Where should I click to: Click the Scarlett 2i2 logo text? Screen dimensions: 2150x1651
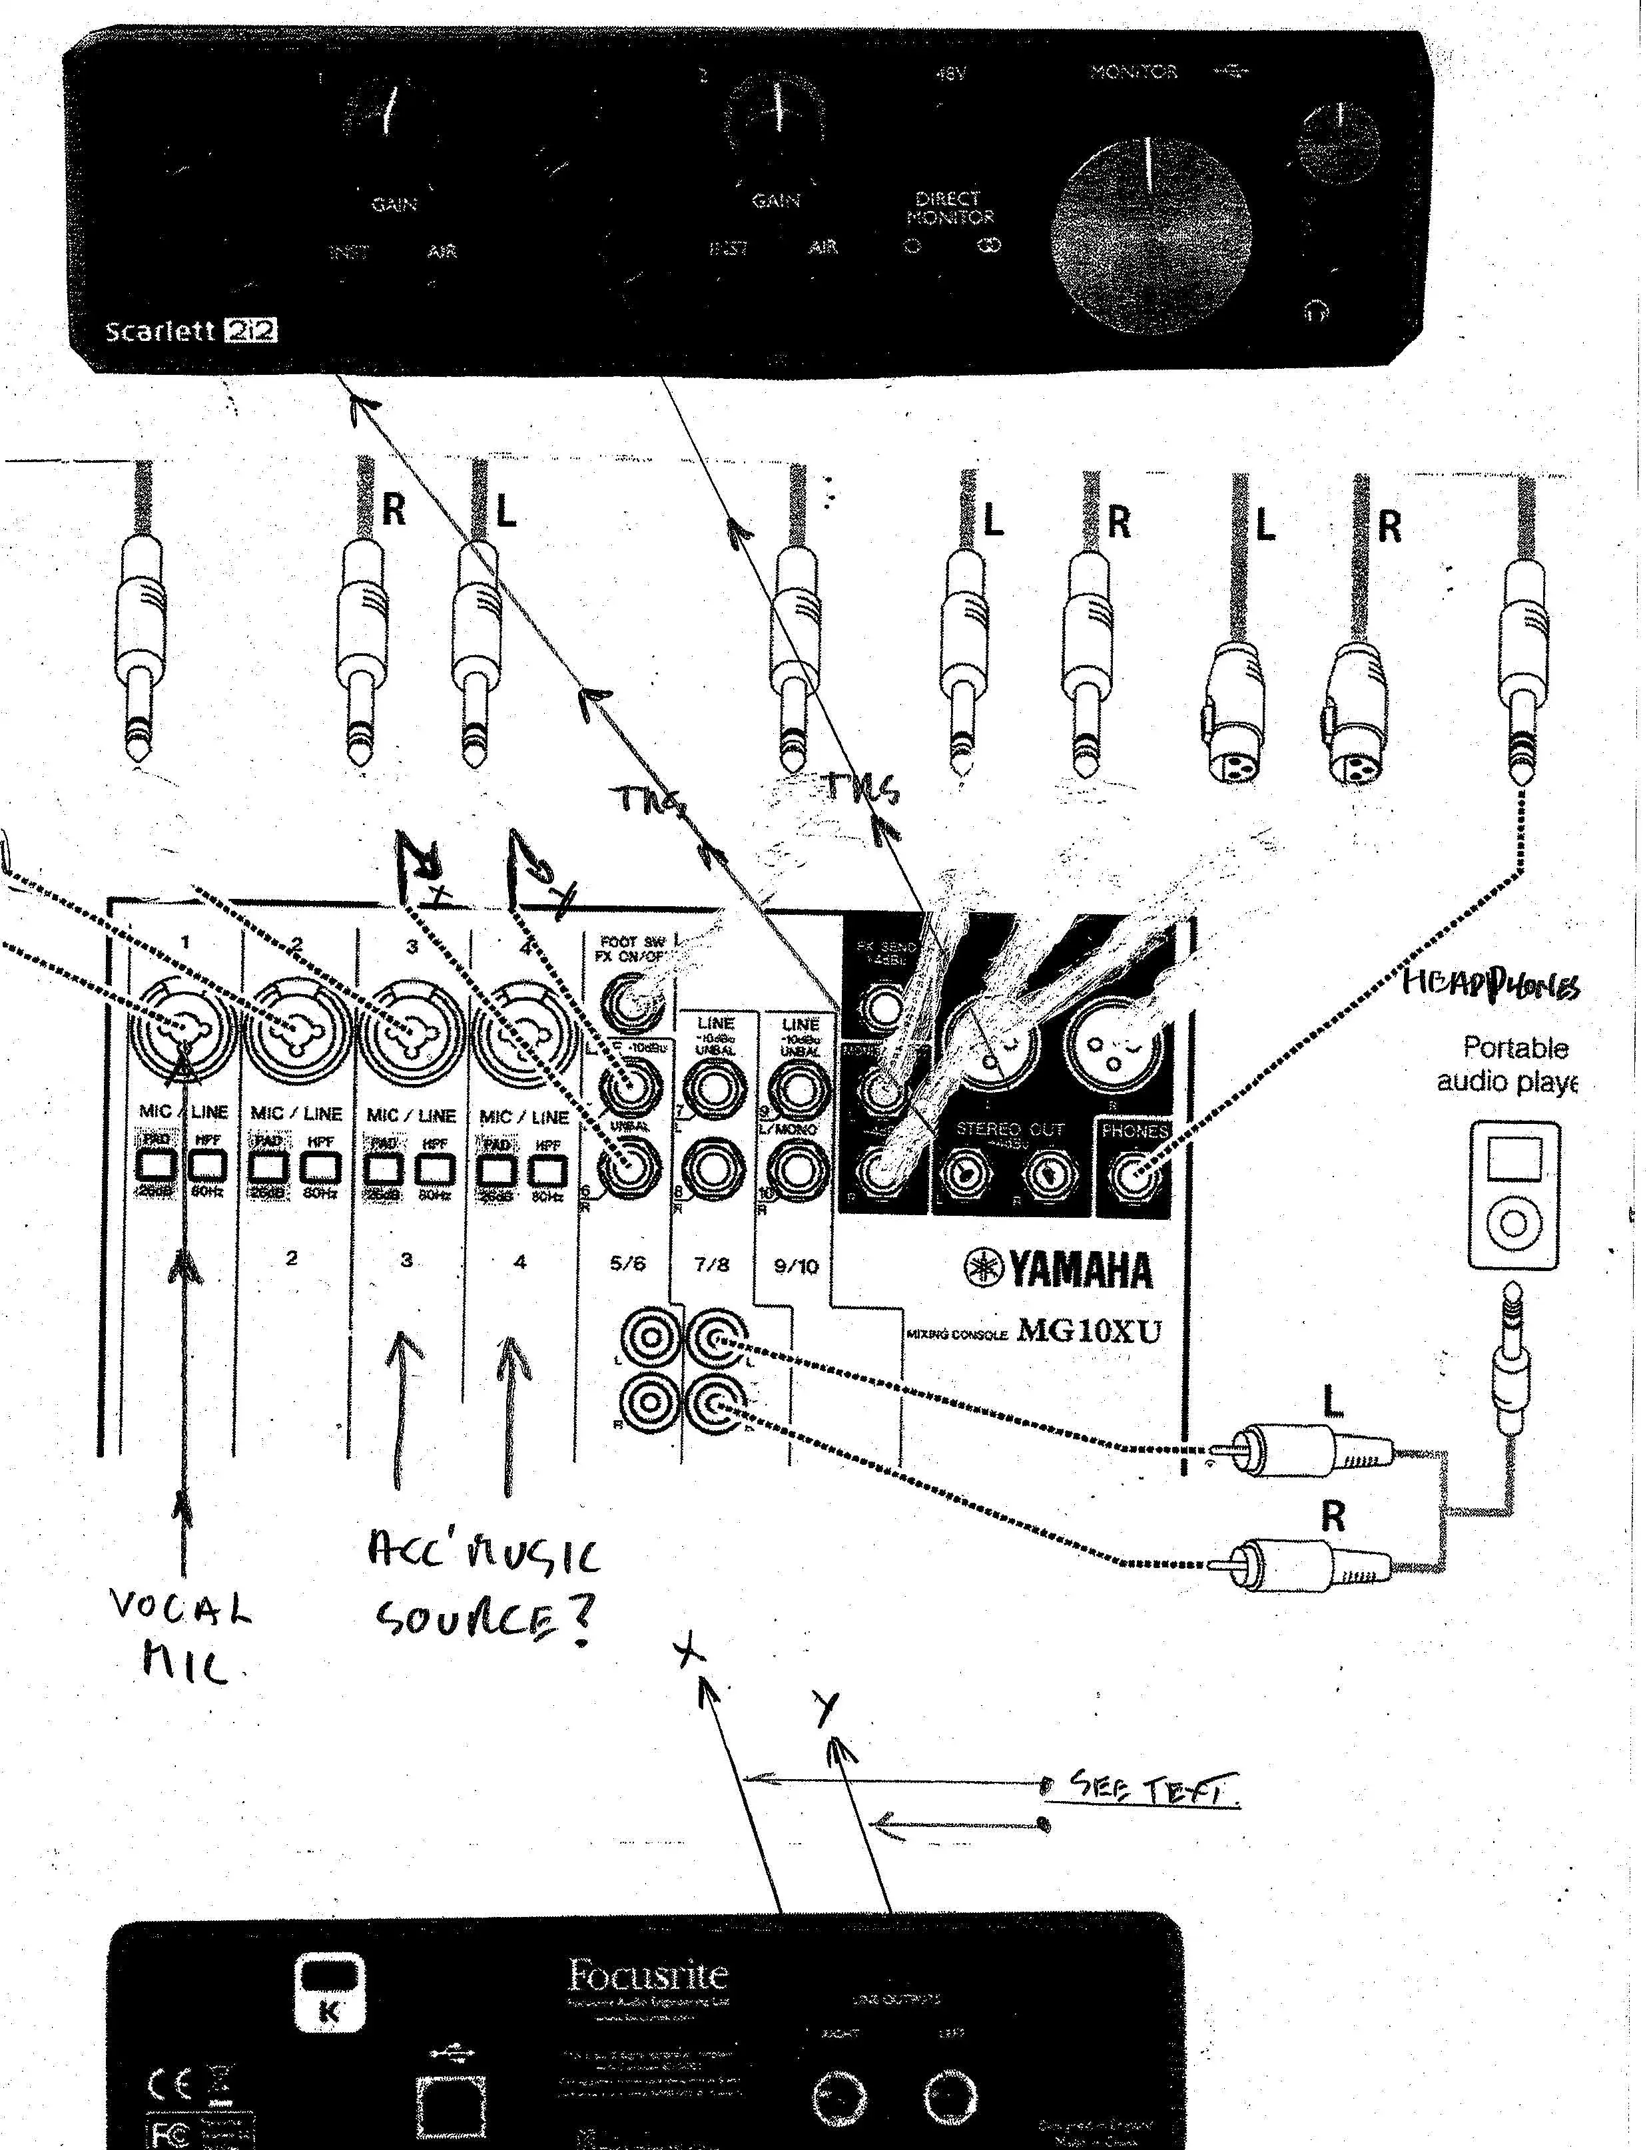point(190,330)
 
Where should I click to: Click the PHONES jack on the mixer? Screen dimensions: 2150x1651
point(1135,1175)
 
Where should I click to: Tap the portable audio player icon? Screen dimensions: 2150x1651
point(1513,1194)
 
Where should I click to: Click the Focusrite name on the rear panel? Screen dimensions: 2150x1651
point(649,1973)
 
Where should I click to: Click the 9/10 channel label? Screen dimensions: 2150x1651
point(796,1266)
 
